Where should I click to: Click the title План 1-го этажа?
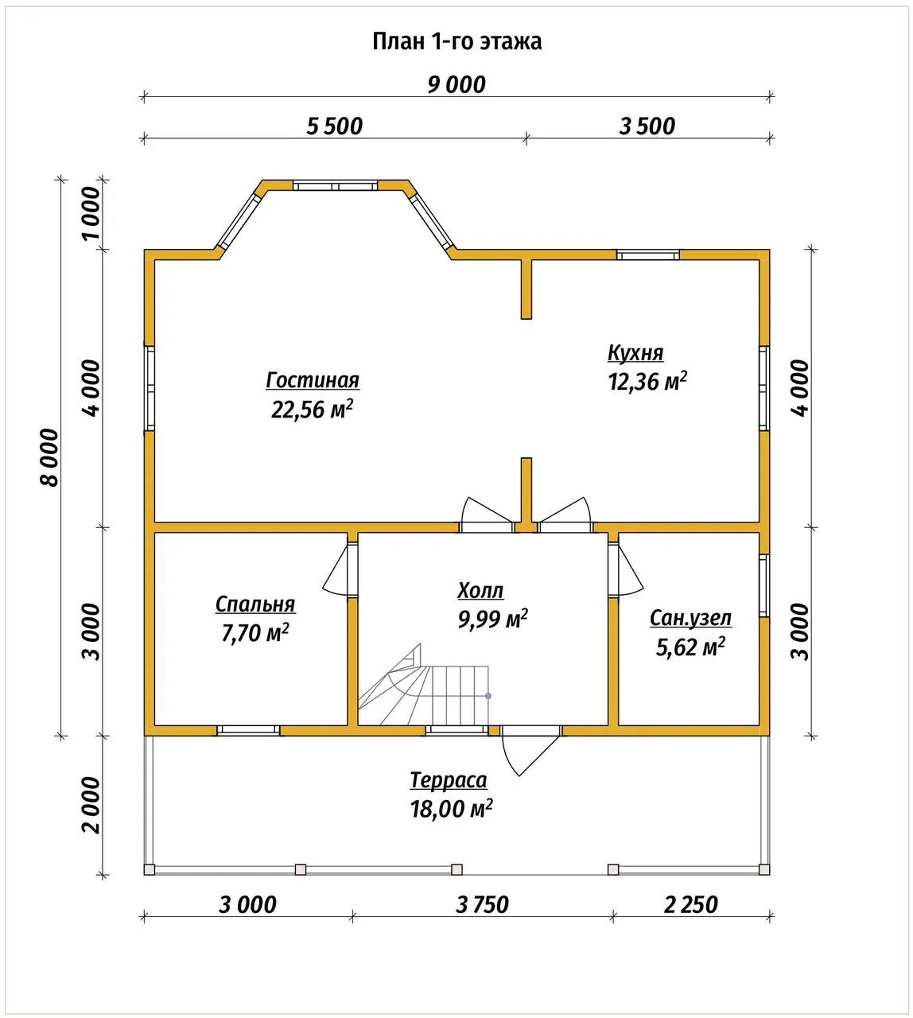[456, 41]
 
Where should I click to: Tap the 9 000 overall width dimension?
[456, 85]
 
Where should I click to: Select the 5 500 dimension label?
[334, 126]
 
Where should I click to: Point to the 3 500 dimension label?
[647, 126]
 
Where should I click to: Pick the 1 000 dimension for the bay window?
[91, 214]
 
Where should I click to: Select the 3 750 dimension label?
[483, 905]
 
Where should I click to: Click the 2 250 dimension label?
[691, 905]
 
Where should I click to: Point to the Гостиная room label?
[313, 380]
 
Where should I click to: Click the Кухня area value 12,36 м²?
[647, 382]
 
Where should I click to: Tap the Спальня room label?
[255, 604]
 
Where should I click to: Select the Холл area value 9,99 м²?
[492, 619]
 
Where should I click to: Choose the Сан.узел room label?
[690, 619]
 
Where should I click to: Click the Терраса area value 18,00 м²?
[451, 810]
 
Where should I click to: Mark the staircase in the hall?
[423, 686]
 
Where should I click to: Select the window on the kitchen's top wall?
[647, 254]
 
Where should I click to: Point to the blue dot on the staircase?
[488, 696]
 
